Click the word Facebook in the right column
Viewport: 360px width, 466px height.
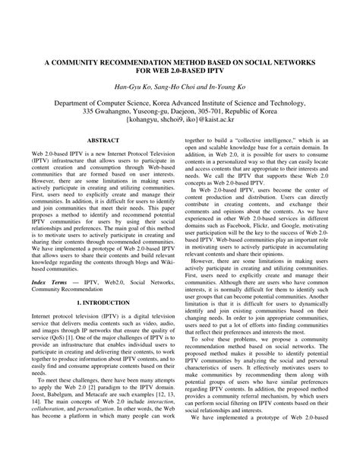pyautogui.click(x=251, y=225)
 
